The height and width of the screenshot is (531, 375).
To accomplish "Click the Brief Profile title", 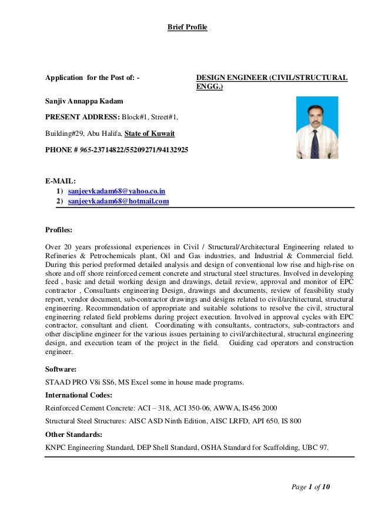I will coord(187,27).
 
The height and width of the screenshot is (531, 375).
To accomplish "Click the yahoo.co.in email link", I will coord(116,191).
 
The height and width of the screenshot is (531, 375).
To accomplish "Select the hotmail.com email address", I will coord(118,201).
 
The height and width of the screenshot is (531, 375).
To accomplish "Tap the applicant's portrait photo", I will coord(317,128).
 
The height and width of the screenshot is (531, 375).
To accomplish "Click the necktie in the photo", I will coord(315,143).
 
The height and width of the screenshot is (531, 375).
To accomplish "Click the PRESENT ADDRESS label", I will coord(82,117).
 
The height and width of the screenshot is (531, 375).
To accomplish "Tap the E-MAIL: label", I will coord(60,181).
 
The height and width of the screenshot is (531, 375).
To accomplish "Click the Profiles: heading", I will coord(59,230).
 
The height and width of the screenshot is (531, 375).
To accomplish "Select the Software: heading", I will coord(61,370).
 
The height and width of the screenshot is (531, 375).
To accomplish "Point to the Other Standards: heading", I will coord(73,435).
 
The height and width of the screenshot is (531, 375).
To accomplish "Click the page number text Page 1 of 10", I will coord(311,486).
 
